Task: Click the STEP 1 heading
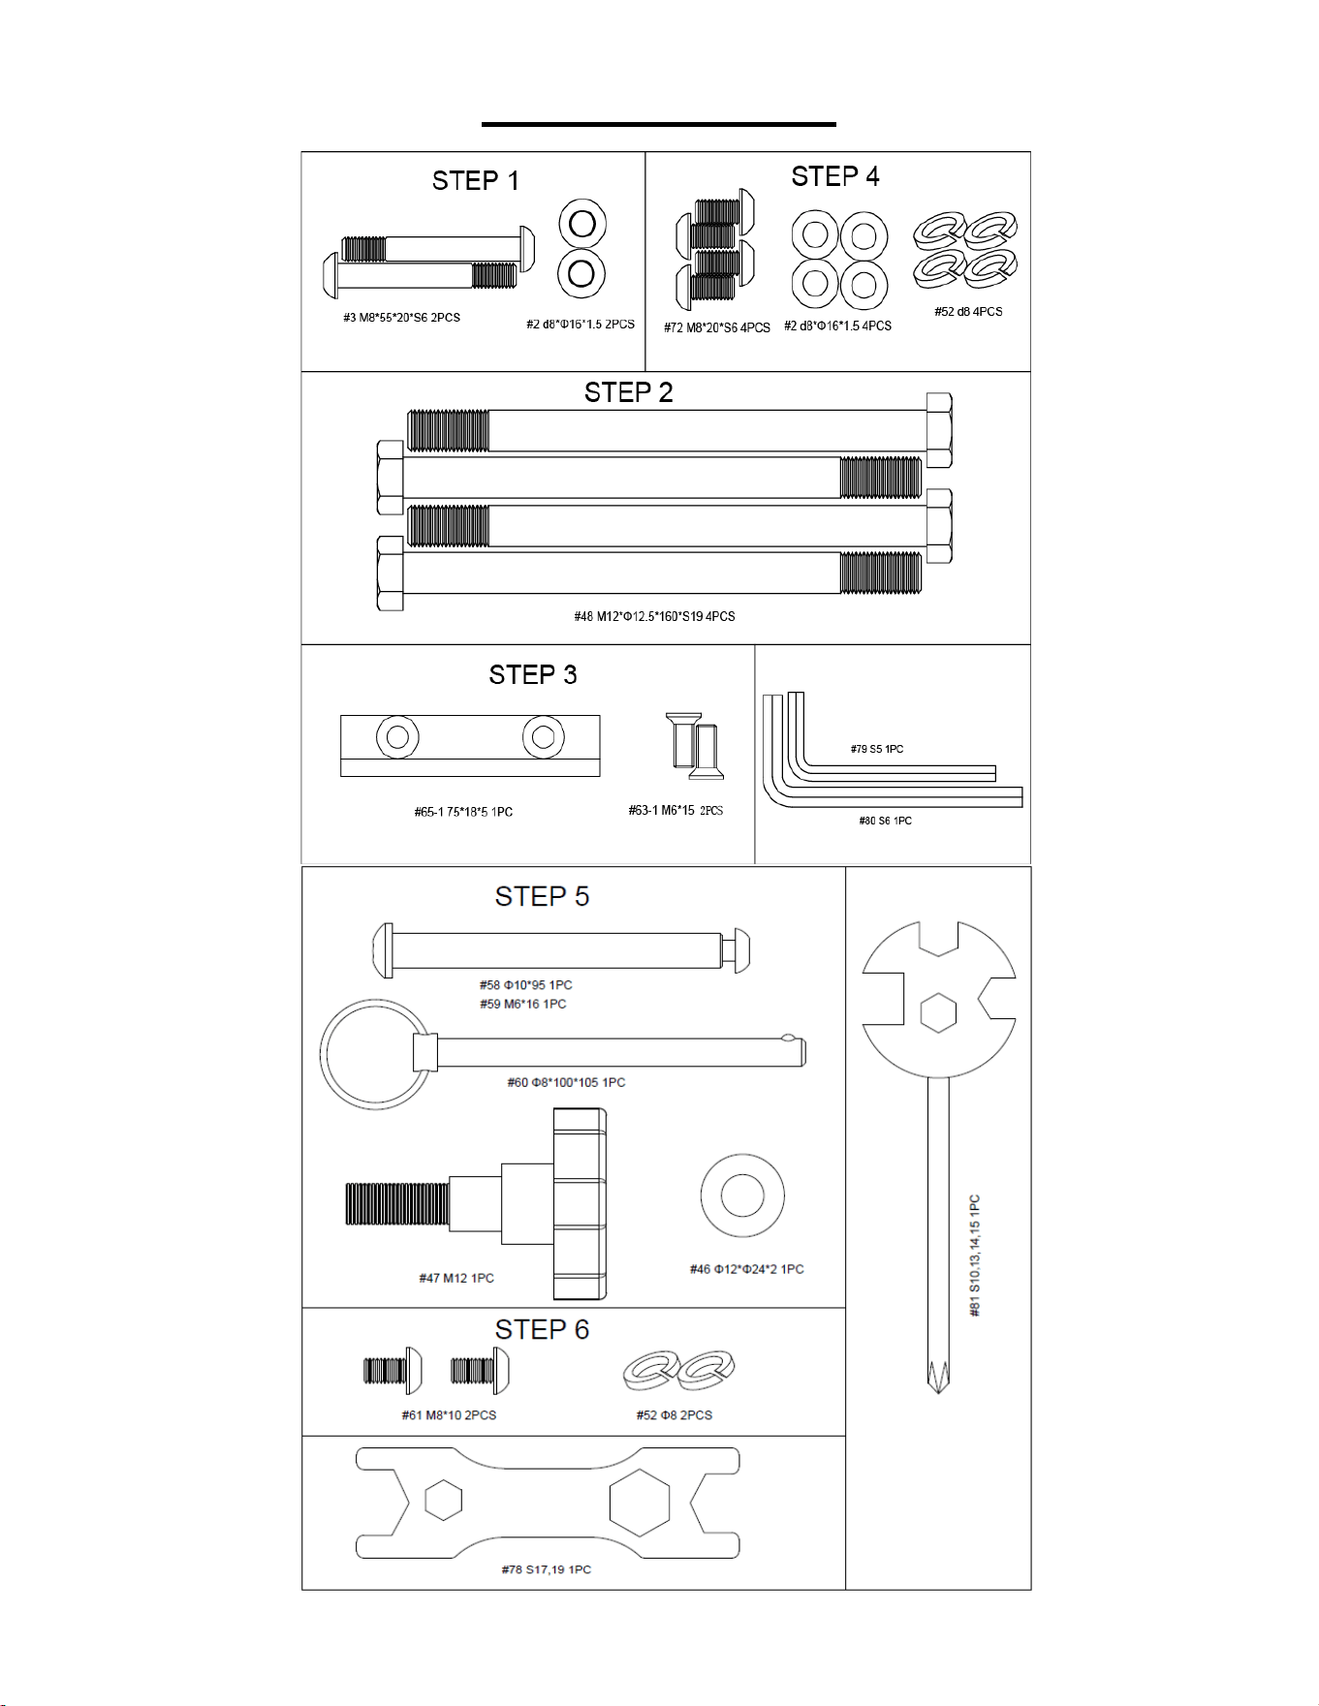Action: pos(475,181)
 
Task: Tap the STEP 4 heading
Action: pos(835,176)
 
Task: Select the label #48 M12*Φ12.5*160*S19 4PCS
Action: pos(654,616)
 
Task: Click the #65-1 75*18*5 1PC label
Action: pos(463,812)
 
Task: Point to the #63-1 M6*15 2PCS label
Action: pos(675,811)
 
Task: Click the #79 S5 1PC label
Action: pos(877,749)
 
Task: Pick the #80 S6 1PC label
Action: pos(885,821)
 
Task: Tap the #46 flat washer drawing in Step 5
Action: pos(742,1195)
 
